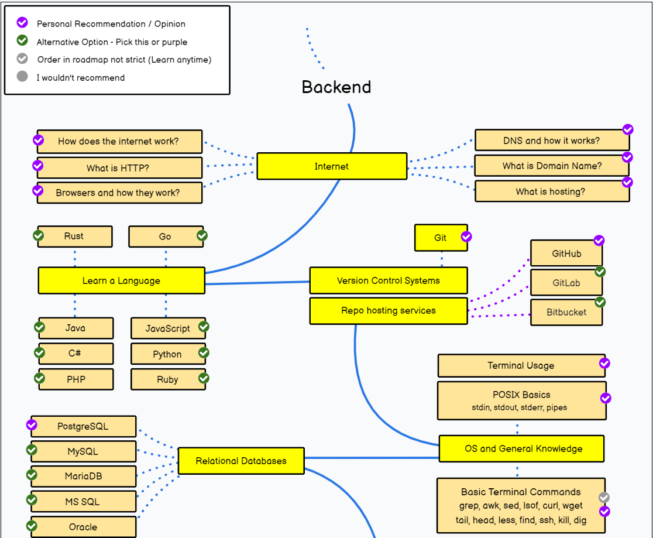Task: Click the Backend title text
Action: click(336, 87)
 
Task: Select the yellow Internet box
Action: click(332, 166)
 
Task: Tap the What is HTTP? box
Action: click(119, 168)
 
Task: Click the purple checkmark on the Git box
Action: click(466, 237)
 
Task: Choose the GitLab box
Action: click(566, 283)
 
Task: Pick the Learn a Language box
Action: click(122, 280)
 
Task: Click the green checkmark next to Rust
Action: click(38, 236)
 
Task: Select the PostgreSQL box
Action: click(84, 426)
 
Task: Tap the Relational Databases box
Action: click(241, 461)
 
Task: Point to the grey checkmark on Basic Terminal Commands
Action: click(604, 498)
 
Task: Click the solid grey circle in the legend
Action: click(22, 76)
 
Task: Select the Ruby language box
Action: click(169, 379)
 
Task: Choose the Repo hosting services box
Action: click(389, 310)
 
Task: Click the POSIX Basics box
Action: click(522, 400)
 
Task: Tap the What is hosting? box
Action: click(552, 191)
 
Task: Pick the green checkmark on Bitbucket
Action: click(600, 302)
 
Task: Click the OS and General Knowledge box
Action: click(522, 449)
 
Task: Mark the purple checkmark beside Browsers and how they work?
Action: click(38, 190)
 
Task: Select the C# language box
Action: click(76, 354)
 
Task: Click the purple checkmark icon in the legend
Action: click(22, 22)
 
